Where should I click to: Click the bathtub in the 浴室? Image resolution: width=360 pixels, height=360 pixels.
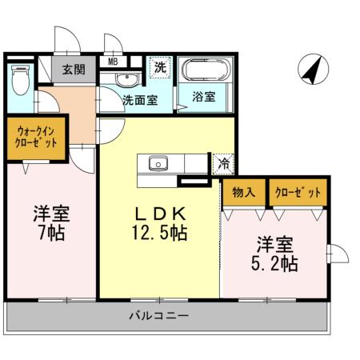click(204, 71)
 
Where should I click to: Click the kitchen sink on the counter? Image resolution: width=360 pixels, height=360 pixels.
click(158, 163)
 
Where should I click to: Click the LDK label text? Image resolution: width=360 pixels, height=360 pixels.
click(159, 214)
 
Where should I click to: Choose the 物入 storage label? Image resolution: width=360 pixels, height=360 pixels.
click(243, 193)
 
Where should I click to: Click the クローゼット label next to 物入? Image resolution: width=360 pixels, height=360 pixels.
click(297, 193)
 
